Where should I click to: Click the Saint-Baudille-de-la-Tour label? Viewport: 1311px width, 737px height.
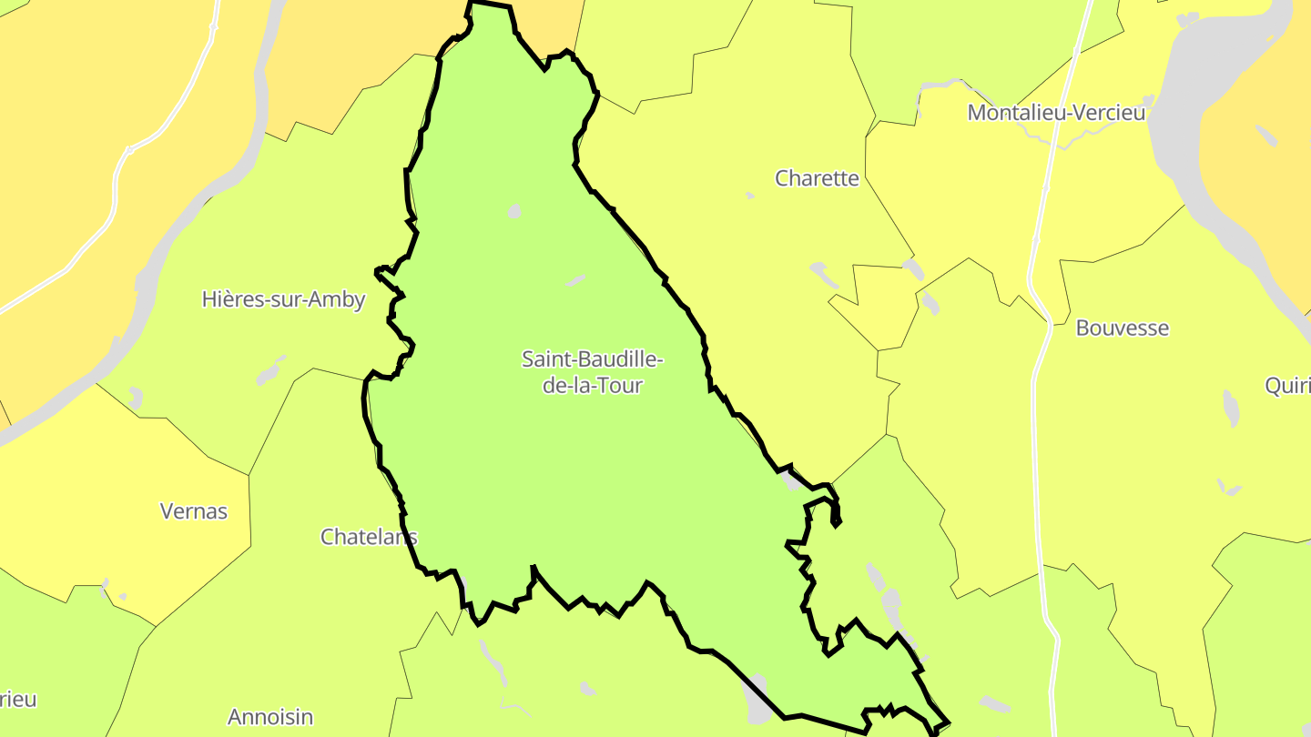[x=592, y=372]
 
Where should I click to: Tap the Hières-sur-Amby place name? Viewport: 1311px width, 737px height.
[x=283, y=299]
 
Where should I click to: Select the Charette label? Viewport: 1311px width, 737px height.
[x=817, y=178]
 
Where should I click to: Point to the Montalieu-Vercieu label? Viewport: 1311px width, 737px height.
[x=1056, y=113]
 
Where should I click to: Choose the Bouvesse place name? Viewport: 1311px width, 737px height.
[x=1122, y=328]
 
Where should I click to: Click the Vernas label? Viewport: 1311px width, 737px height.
[x=193, y=511]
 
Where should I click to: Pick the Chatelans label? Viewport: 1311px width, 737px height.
[x=368, y=537]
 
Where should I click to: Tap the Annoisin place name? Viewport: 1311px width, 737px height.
[x=270, y=717]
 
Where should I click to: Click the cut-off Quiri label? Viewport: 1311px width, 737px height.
[x=1287, y=386]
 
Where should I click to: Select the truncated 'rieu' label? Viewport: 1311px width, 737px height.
[x=18, y=700]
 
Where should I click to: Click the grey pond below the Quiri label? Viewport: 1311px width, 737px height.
[x=1230, y=409]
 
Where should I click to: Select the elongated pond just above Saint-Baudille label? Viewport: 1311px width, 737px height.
[x=575, y=281]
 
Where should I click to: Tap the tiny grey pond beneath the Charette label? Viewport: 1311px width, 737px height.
[x=749, y=196]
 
